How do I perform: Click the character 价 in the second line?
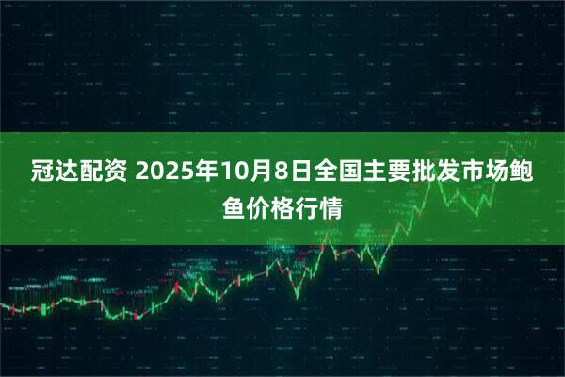tap(258, 205)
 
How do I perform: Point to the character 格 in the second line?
tap(282, 205)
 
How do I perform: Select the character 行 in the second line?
tap(307, 205)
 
